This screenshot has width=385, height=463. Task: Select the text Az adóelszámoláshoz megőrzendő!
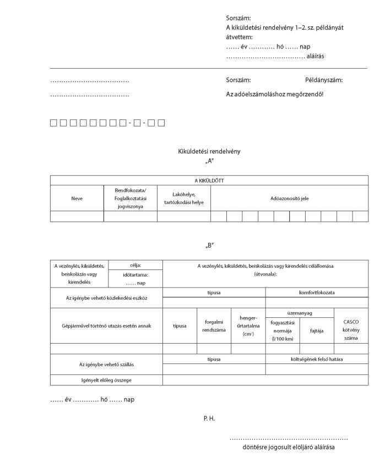coord(274,94)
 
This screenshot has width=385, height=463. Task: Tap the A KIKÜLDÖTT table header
coord(209,180)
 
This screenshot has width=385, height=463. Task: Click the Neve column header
coord(77,198)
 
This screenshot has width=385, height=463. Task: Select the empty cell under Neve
coord(77,216)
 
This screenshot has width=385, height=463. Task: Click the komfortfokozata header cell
coord(317,293)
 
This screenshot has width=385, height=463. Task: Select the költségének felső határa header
coord(317,359)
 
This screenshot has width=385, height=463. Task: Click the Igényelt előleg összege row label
coord(106,379)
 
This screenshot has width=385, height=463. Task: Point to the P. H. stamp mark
coord(209,418)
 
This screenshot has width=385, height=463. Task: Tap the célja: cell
coord(135,266)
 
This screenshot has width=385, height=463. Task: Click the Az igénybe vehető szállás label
coord(106,364)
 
